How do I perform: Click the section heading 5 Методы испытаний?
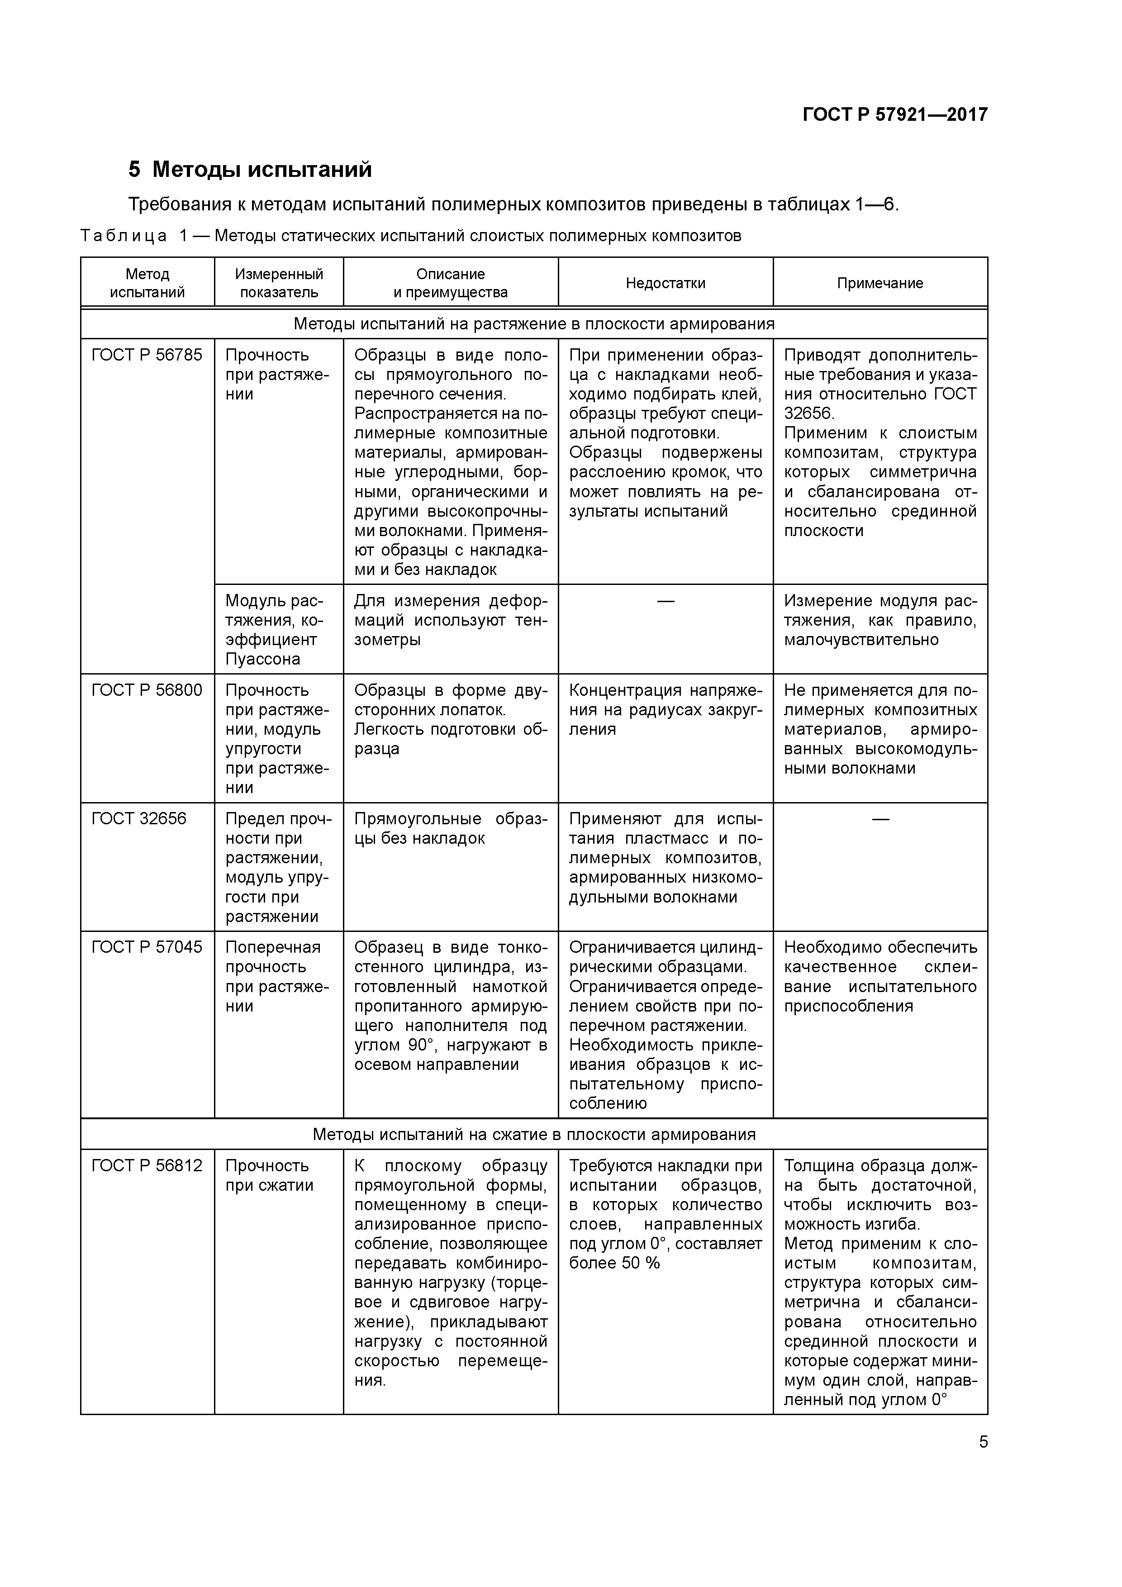(x=250, y=169)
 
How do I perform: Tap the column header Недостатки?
(x=665, y=283)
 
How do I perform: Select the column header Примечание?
(x=880, y=283)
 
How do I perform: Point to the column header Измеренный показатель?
(x=279, y=283)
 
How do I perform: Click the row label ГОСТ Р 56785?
(x=147, y=355)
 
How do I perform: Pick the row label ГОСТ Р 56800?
(x=147, y=690)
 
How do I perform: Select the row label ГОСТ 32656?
(x=139, y=819)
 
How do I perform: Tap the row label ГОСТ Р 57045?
(x=147, y=948)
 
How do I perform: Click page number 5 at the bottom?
(x=983, y=1443)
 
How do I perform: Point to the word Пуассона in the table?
(x=263, y=660)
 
